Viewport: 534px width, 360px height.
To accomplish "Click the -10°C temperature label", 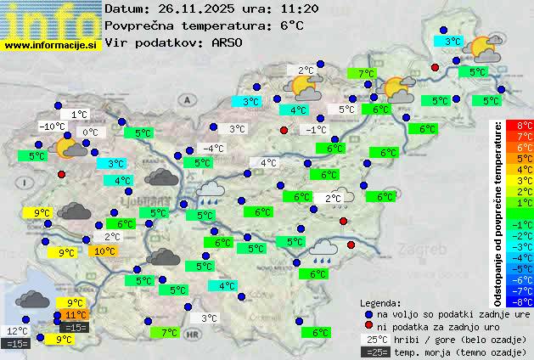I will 53,127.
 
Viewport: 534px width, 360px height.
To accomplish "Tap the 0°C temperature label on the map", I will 90,132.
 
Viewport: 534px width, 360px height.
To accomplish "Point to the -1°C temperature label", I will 316,130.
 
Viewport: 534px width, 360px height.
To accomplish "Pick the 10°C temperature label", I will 104,251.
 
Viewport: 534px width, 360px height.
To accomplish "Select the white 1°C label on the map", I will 79,114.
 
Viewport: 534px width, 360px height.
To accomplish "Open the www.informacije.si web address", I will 51,44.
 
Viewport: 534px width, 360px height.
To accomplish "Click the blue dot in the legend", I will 368,313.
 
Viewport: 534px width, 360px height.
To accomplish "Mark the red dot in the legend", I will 368,326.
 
